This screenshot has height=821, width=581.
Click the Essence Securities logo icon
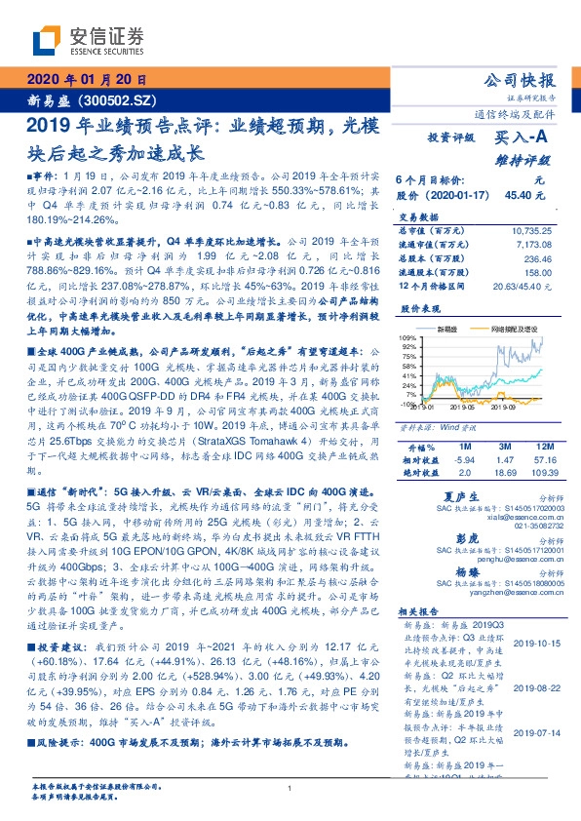[x=47, y=38]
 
